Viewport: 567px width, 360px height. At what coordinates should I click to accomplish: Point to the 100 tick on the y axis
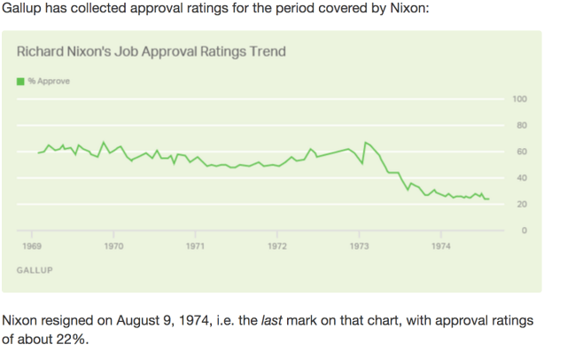(521, 98)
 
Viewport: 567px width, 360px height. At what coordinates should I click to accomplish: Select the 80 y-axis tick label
(523, 125)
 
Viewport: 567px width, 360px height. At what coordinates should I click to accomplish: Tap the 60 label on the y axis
(523, 152)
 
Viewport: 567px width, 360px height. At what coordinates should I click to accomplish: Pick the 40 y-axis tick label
(523, 178)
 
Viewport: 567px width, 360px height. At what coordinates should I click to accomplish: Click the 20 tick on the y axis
(523, 205)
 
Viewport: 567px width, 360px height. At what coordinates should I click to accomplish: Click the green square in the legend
(20, 82)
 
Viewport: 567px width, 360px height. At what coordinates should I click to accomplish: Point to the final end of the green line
(488, 199)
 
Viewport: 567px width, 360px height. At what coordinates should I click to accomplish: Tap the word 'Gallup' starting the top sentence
(24, 8)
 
